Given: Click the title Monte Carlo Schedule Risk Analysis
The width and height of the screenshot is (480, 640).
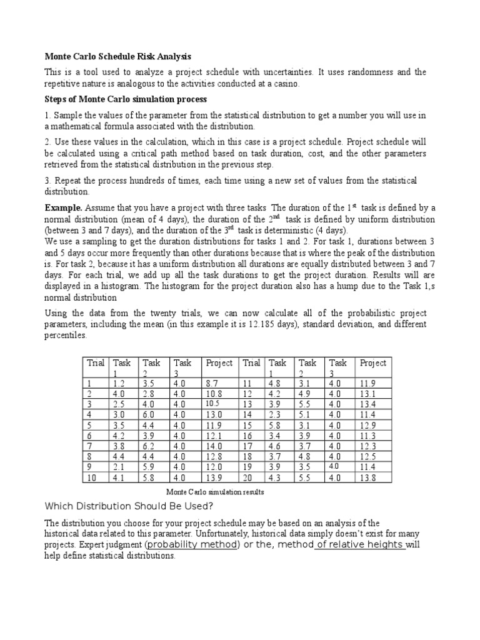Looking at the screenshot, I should (117, 56).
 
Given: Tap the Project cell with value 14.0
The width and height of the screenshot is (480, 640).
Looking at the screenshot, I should (213, 447).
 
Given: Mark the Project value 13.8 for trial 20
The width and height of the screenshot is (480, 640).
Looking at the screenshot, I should (367, 478).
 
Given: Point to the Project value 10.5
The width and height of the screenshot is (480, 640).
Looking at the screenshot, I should (212, 404).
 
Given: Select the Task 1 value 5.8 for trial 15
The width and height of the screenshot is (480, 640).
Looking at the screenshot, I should (276, 426).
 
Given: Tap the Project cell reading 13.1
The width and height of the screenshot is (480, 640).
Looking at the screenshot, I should (367, 394).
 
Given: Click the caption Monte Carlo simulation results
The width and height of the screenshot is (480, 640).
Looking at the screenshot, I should (214, 492).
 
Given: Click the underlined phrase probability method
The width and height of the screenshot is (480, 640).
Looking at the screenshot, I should (192, 544).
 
